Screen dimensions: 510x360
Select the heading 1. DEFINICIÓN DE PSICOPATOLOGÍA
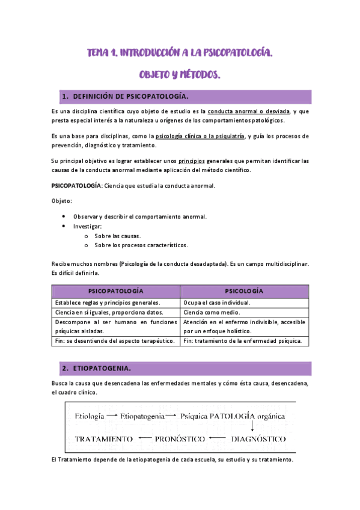(130, 97)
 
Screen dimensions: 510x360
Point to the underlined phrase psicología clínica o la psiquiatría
(200, 137)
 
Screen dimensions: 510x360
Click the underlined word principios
(192, 161)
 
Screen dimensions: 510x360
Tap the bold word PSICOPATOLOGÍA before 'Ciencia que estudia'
(77, 186)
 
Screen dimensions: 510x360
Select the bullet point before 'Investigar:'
(64, 226)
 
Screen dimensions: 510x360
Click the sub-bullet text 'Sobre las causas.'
(118, 236)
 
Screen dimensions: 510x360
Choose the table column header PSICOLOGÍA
(244, 290)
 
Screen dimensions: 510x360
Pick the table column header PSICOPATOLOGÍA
(116, 290)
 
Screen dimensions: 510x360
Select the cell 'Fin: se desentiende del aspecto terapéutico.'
(115, 341)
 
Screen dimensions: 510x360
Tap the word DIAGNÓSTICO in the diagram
(258, 439)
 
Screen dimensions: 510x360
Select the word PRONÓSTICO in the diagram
(180, 439)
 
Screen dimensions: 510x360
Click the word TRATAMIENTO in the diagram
(103, 439)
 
